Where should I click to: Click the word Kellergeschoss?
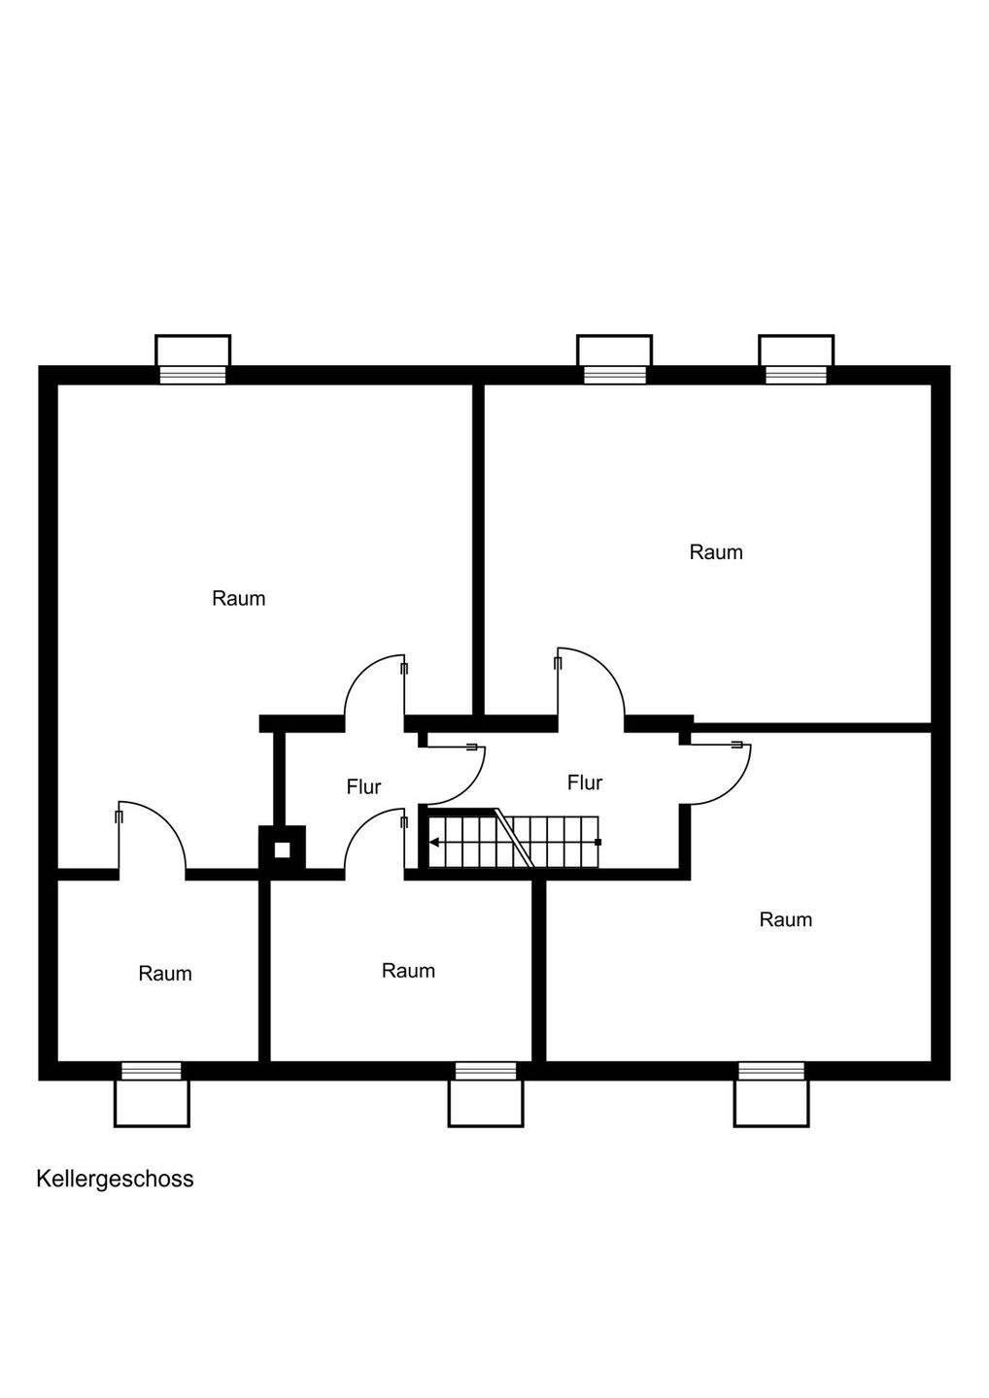point(115,1179)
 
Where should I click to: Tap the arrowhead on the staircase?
point(434,842)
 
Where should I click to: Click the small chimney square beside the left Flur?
point(282,849)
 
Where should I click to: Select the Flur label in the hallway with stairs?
point(585,782)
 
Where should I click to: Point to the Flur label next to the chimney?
point(363,786)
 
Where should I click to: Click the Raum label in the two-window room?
point(716,552)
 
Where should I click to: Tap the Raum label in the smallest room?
point(165,973)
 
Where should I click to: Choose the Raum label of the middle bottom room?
point(408,970)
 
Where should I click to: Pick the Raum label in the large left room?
point(238,598)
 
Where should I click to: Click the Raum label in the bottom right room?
point(785,919)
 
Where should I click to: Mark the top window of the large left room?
point(193,375)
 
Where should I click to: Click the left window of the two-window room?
point(614,375)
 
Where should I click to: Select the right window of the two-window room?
point(796,375)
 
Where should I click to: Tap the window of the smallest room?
point(152,1071)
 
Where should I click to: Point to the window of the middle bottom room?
point(486,1071)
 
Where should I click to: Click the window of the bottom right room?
point(771,1071)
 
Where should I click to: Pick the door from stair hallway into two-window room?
point(589,684)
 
